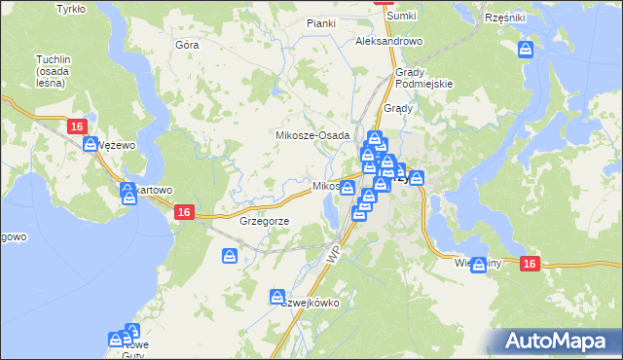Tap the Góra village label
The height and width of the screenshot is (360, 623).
186,45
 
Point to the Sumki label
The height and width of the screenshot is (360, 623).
400,17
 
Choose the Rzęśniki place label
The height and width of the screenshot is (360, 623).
504,18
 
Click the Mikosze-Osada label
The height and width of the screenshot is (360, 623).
312,135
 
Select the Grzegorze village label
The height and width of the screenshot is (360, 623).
264,221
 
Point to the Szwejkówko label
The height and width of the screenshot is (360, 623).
310,303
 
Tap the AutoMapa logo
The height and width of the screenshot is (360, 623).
562,341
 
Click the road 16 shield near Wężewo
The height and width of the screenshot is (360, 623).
78,126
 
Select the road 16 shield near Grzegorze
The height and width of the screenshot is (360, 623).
183,212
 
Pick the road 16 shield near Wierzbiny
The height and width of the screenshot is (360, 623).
530,263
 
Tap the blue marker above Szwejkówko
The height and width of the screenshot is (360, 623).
277,296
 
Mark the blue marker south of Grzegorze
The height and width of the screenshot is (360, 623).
230,256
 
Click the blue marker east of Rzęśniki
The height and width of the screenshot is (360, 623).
526,49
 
